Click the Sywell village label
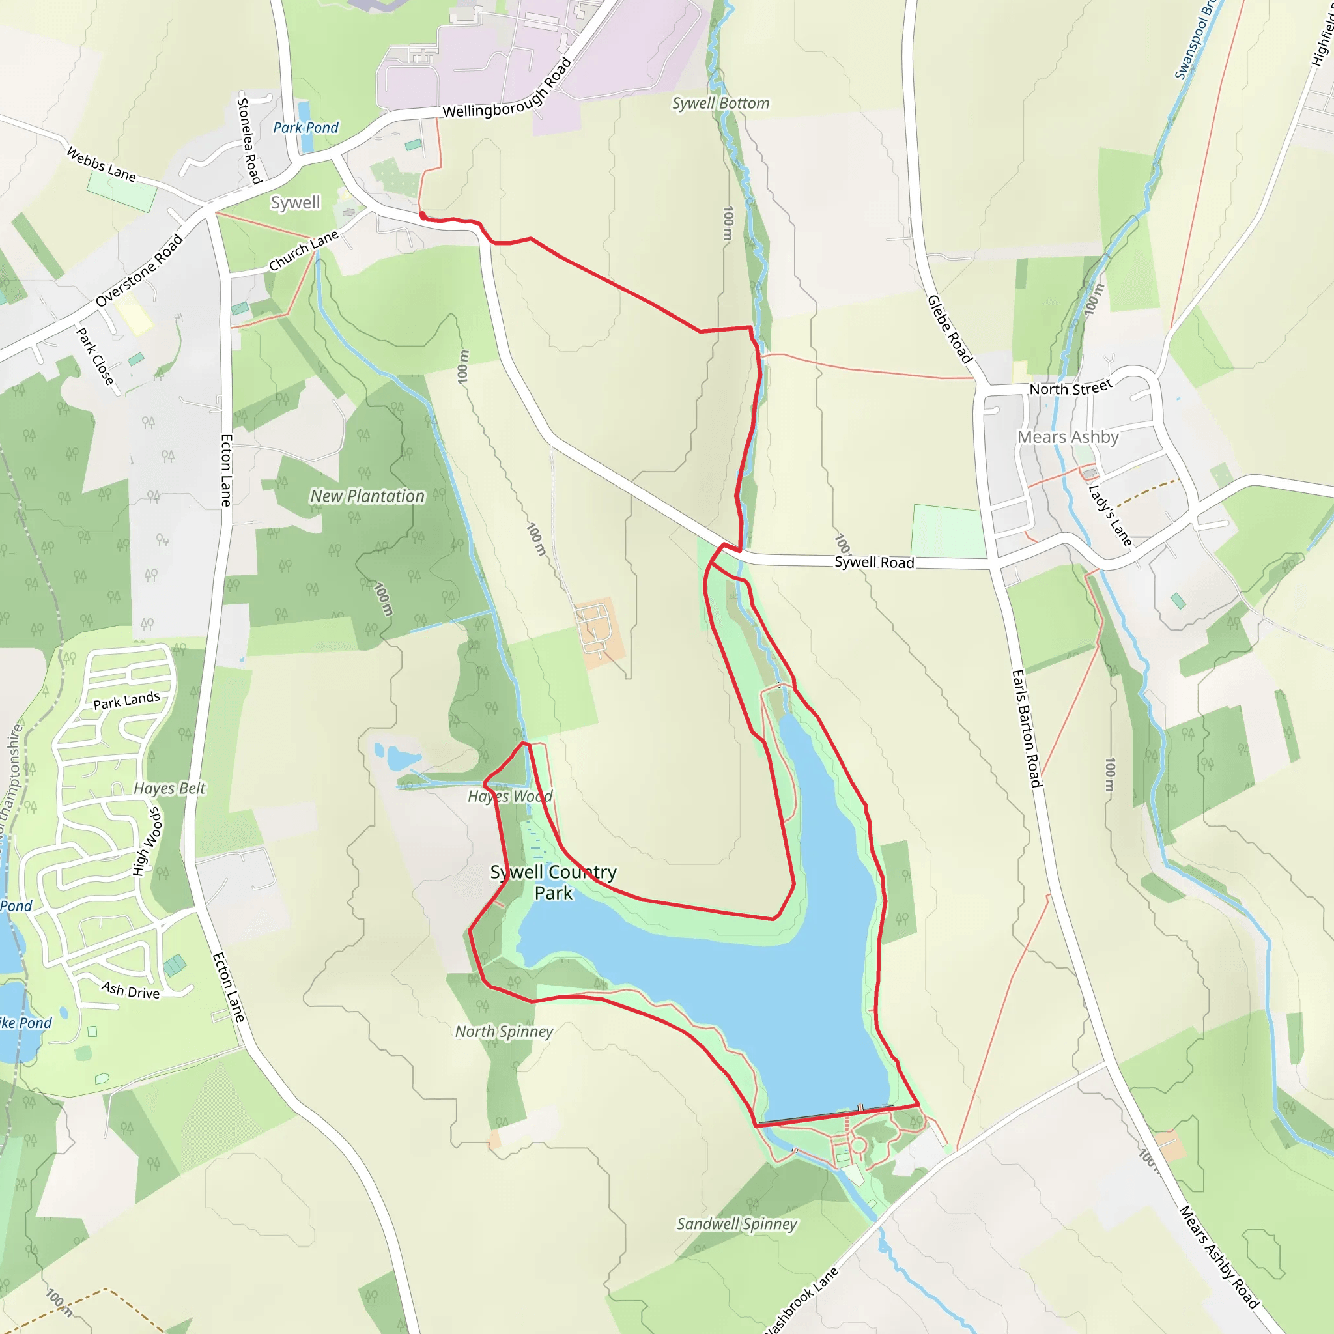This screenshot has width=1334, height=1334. [x=295, y=203]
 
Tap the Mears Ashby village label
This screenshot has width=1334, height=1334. [x=1068, y=437]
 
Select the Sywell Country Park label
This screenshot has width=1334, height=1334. [x=553, y=882]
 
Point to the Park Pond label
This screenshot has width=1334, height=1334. [x=305, y=128]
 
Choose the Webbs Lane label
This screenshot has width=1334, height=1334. [x=101, y=163]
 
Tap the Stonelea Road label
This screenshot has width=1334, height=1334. [x=249, y=141]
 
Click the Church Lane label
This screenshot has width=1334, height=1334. [x=303, y=250]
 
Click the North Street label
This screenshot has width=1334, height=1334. [x=1070, y=388]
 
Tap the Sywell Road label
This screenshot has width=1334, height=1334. [x=874, y=562]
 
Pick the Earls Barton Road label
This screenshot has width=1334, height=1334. [x=1026, y=728]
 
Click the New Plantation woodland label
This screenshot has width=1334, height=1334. [x=367, y=496]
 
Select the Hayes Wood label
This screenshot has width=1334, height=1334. [x=509, y=796]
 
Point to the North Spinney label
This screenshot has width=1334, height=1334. [x=504, y=1032]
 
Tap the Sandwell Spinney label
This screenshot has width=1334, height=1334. [x=736, y=1224]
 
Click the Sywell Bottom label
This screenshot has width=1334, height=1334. [x=720, y=104]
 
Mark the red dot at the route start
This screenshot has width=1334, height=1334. [x=423, y=216]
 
